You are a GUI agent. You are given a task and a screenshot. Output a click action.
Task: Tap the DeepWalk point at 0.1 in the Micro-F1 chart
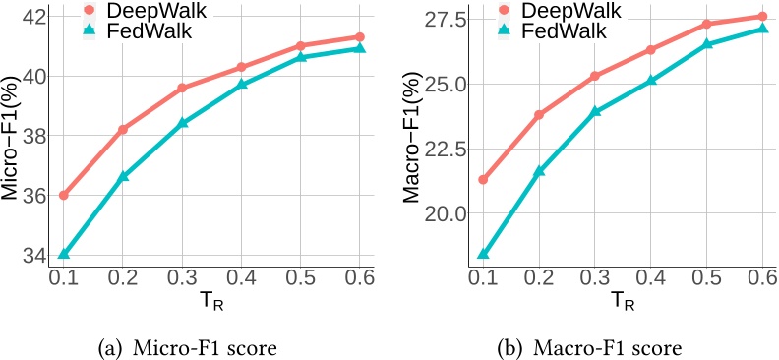[x=64, y=195]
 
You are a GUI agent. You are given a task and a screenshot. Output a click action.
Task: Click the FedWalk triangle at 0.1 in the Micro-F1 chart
[x=64, y=254]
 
